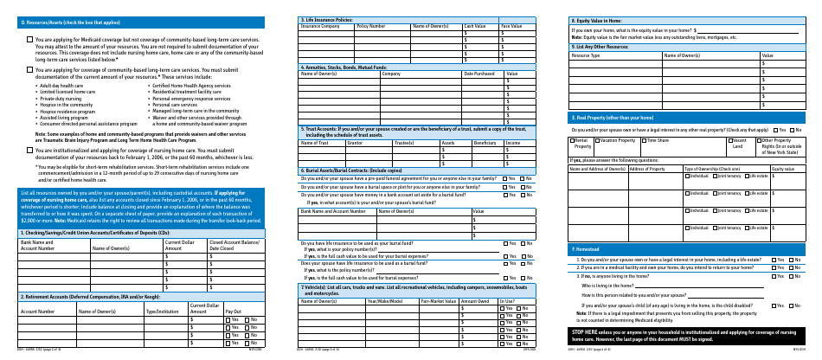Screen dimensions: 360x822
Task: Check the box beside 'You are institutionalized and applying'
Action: [30, 150]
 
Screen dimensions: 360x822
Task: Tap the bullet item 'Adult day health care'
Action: [61, 86]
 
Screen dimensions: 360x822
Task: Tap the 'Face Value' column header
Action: [511, 26]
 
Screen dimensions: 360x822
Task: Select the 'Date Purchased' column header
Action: [480, 74]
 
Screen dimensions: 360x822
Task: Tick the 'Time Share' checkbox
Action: [643, 138]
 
